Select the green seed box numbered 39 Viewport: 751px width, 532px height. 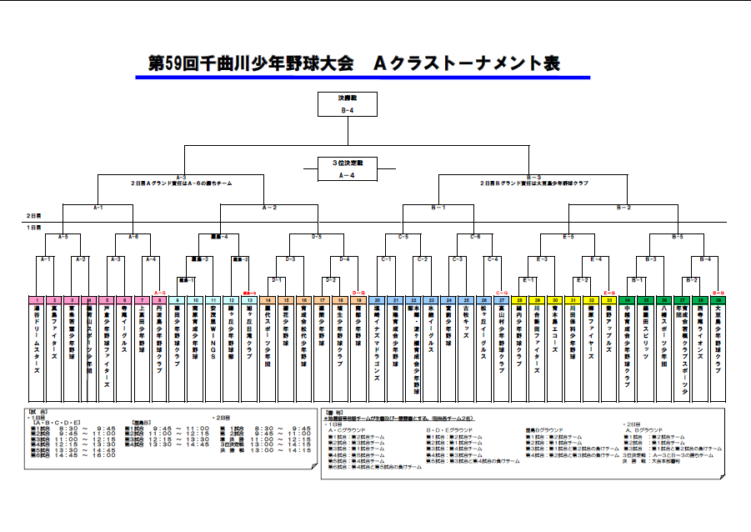coord(718,299)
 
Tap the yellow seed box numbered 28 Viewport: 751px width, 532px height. coord(520,299)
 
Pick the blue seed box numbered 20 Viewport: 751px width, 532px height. coord(378,299)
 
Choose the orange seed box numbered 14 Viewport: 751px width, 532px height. coord(268,299)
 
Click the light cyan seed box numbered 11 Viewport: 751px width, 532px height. coord(214,299)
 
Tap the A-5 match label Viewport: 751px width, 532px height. coord(63,237)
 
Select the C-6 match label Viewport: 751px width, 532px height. coord(475,237)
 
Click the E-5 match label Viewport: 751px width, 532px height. coord(568,237)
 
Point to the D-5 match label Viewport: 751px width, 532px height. coord(317,237)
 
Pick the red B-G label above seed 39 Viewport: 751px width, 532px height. coord(718,293)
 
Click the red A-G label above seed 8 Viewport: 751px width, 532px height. coord(160,293)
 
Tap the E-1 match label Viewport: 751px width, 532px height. coord(528,279)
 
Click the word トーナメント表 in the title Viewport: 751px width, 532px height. coord(492,64)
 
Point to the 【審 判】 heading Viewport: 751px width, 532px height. coord(334,411)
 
